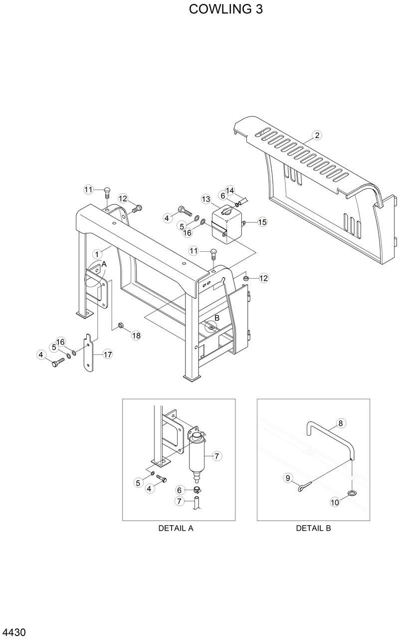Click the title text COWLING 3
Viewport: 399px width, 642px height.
[x=225, y=9]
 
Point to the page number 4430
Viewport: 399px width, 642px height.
[x=14, y=633]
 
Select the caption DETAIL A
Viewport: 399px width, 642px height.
[x=176, y=528]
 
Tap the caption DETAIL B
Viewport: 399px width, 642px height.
[x=313, y=528]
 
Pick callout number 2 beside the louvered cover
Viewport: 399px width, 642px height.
[x=317, y=135]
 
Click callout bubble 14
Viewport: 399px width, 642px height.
[x=230, y=190]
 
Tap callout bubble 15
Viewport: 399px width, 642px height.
[x=262, y=222]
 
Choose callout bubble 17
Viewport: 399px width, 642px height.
[x=107, y=354]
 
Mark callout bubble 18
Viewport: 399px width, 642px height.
[x=136, y=335]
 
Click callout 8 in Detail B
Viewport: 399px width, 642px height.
[x=341, y=423]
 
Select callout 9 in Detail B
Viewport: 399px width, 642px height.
[x=288, y=478]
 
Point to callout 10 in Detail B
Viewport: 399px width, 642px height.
[x=335, y=502]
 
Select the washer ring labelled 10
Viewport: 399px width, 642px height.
[x=352, y=493]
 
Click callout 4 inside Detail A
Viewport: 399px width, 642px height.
[x=149, y=489]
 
